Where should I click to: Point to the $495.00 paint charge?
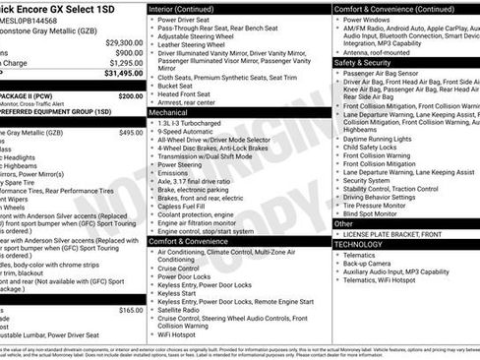coord(130,132)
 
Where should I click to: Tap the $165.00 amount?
coord(130,310)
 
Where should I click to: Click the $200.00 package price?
coord(130,96)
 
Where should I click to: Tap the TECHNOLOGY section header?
coord(360,243)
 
